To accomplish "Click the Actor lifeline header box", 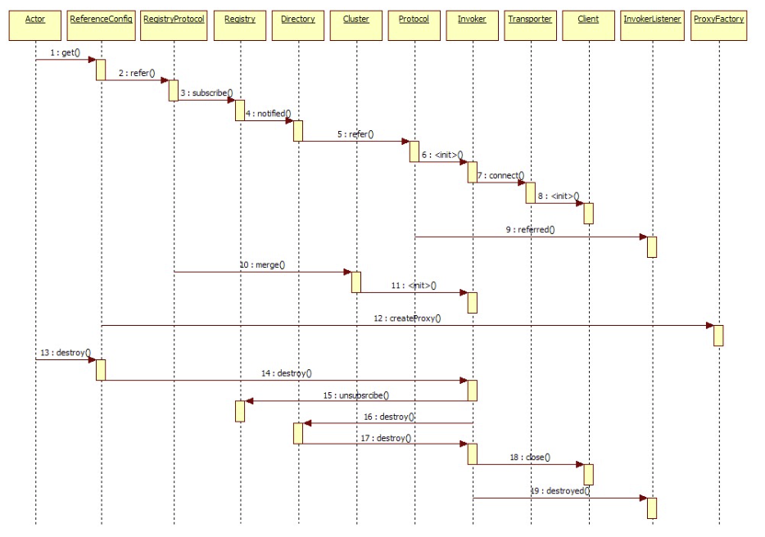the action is (35, 25).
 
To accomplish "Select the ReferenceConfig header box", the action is (101, 25).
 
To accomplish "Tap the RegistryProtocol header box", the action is (174, 25).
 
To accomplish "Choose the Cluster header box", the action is (356, 25).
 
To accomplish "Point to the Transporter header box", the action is (530, 25).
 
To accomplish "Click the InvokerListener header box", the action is (652, 25).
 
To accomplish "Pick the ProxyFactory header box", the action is (718, 25).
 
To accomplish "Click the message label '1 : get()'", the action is (65, 52).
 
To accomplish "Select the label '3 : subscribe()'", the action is (206, 93).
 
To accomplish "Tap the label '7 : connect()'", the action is (501, 175).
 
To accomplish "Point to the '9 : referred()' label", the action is (530, 229).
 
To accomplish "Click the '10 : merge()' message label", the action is (262, 264).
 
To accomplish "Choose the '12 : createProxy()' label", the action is (407, 318).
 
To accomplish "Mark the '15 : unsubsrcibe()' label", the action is (356, 395).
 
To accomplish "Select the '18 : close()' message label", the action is (530, 457).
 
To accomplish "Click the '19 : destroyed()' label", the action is (560, 490).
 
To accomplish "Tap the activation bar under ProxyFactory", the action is (718, 336).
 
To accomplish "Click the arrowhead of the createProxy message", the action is (710, 325).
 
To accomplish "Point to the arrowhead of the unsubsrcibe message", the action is (249, 401).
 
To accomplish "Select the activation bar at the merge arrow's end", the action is (356, 282).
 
